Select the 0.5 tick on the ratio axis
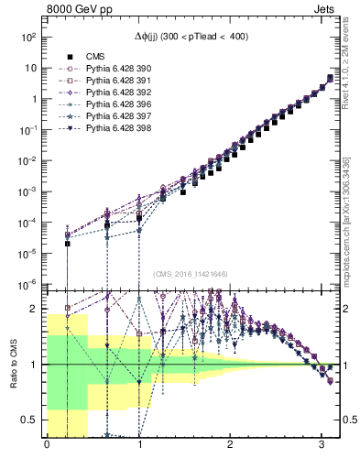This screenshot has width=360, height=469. [30, 420]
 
